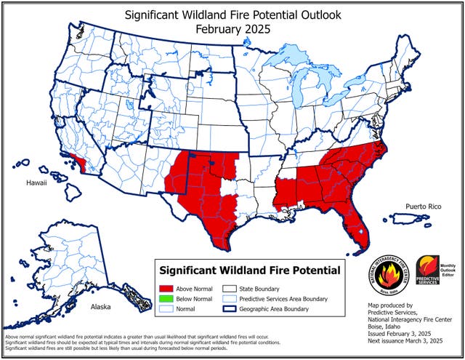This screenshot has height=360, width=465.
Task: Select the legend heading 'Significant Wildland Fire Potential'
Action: coord(249,271)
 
